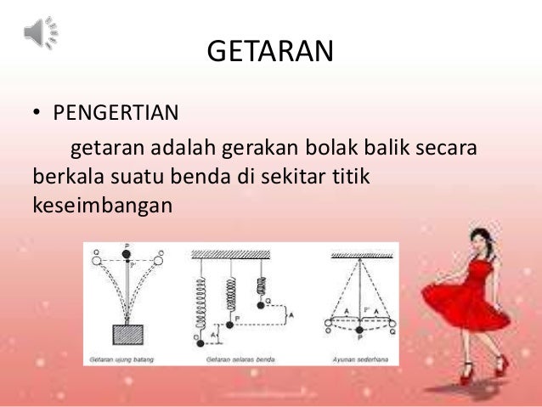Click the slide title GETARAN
tap(270, 53)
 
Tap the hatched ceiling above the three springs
tap(241, 254)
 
